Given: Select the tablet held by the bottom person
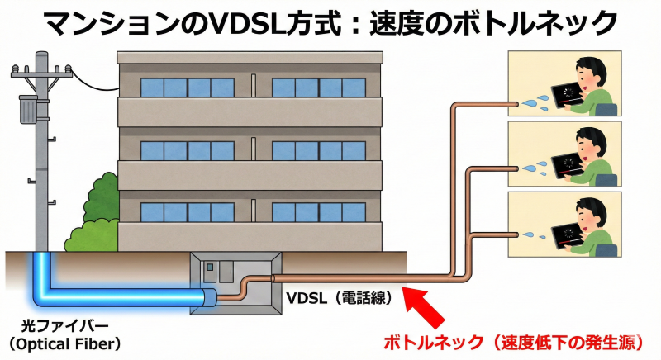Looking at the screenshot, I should click(x=568, y=234).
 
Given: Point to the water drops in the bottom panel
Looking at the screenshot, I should click(x=535, y=236).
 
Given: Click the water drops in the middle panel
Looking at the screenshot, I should click(x=535, y=168).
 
